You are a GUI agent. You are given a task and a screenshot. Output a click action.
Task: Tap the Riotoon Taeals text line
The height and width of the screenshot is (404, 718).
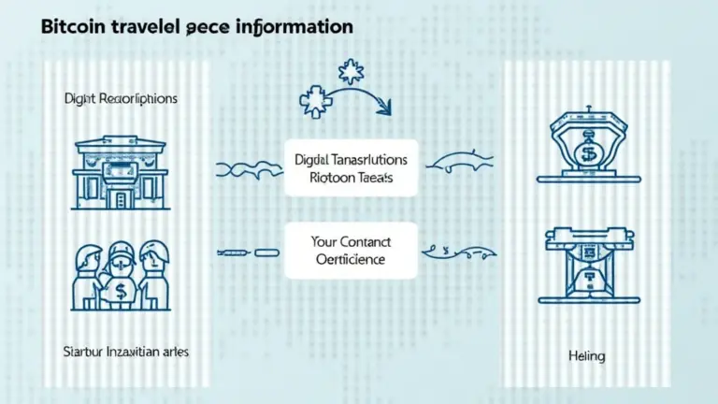(x=351, y=179)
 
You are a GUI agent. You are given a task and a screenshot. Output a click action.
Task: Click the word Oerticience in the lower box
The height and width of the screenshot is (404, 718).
(x=351, y=258)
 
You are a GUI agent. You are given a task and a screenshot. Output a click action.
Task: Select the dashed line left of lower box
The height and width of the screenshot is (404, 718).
(x=249, y=252)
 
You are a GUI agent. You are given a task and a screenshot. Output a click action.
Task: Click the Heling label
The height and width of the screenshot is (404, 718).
(x=586, y=356)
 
